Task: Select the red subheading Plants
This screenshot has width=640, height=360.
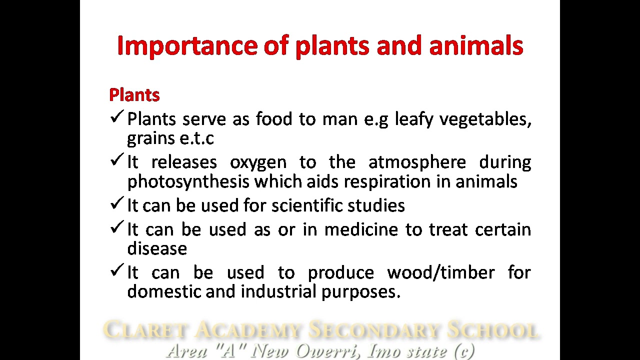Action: point(134,95)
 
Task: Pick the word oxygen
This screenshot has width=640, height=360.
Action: point(258,162)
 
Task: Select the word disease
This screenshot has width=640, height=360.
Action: point(157,248)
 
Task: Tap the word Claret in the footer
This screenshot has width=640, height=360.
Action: point(145,330)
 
